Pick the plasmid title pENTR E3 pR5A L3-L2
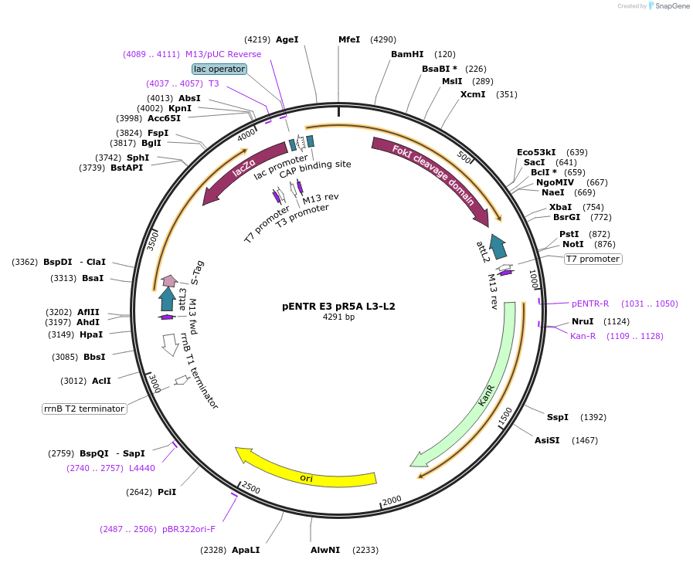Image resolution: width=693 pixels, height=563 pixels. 338,306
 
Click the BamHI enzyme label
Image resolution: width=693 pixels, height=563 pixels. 407,54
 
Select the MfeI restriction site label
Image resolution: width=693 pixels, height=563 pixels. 349,39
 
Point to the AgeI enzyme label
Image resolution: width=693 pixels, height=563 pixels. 287,39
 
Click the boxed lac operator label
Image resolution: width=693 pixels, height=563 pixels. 219,69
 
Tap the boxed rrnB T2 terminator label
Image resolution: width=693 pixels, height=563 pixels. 84,409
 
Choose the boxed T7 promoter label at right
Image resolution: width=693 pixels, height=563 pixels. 593,259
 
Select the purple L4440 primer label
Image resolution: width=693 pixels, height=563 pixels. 142,468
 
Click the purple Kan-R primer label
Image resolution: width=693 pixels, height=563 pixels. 583,336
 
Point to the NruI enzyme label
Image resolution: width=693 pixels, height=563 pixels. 583,321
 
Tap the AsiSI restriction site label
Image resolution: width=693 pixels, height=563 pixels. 547,440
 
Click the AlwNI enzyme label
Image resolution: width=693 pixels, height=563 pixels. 325,550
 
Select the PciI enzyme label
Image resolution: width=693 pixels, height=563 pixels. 167,492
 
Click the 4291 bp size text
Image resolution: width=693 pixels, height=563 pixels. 338,317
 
